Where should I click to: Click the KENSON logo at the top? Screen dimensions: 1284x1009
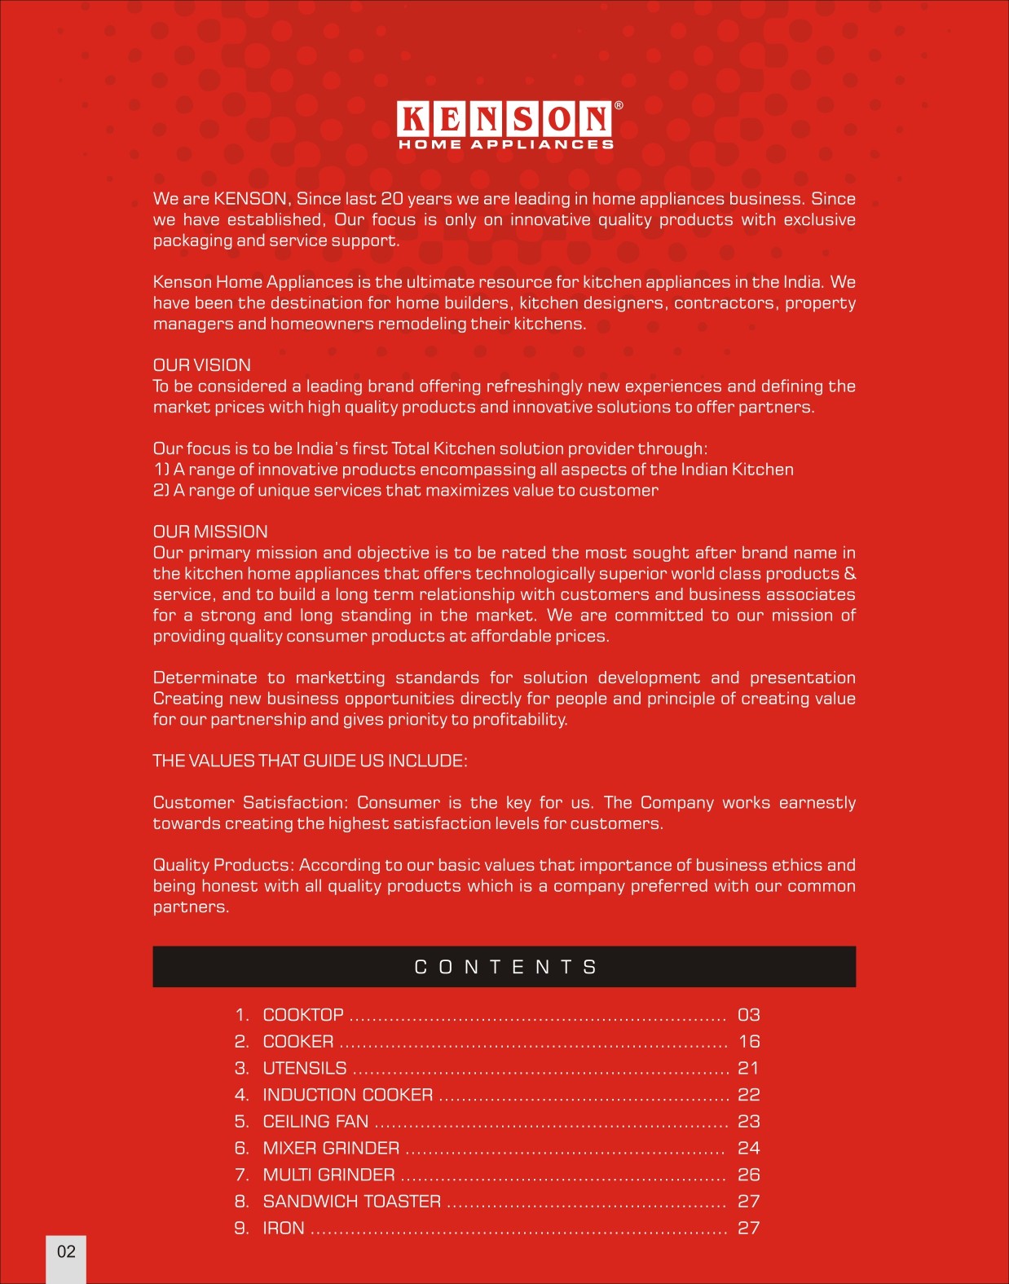click(x=504, y=119)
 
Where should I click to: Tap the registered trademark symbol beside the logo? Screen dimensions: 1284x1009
click(x=619, y=106)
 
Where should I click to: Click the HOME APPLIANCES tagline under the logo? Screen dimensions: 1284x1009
click(x=505, y=145)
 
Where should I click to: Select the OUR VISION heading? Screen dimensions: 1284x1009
click(x=202, y=365)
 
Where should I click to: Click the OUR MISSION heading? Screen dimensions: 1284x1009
click(x=210, y=532)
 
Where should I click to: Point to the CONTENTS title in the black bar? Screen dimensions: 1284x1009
click(x=505, y=967)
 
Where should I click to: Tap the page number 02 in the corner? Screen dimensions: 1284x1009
click(x=66, y=1251)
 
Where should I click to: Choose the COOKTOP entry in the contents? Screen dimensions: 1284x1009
click(x=303, y=1015)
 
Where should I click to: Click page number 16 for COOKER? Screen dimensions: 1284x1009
click(x=748, y=1042)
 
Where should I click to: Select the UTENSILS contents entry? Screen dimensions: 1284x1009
click(x=305, y=1068)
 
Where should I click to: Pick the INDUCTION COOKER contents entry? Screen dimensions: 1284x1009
click(x=348, y=1095)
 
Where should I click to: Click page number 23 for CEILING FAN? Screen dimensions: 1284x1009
click(x=748, y=1122)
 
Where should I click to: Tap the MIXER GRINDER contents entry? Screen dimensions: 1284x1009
click(x=331, y=1148)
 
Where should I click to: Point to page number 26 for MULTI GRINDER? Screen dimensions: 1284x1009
click(x=748, y=1175)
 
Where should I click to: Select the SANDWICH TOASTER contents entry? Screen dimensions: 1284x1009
click(x=352, y=1202)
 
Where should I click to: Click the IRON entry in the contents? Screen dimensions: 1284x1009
click(x=284, y=1229)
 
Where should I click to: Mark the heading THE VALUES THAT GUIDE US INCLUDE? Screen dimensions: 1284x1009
click(x=310, y=761)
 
